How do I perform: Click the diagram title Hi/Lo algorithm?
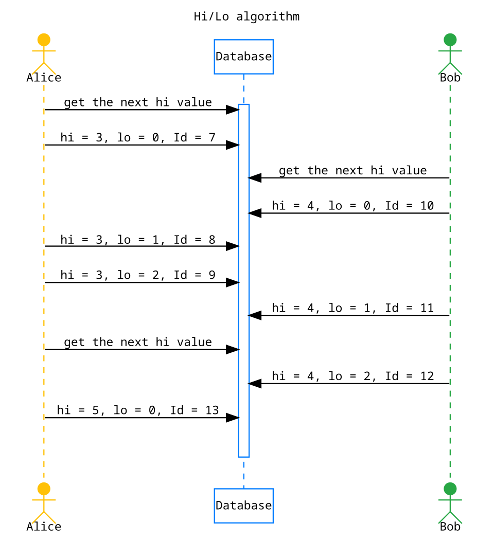[x=246, y=16]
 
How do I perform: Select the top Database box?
[x=243, y=57]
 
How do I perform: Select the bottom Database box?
[x=243, y=506]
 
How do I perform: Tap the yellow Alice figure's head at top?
[x=44, y=40]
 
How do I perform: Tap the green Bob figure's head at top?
[x=450, y=40]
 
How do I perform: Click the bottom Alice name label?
[x=44, y=527]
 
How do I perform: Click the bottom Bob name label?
[x=450, y=527]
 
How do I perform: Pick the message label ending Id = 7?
[x=137, y=137]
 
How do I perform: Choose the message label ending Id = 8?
[x=137, y=239]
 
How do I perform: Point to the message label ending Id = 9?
[x=137, y=275]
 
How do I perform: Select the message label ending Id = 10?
[x=352, y=206]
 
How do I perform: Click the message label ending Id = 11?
[x=352, y=308]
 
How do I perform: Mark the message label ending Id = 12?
[x=352, y=376]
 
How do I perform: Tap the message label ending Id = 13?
[x=137, y=410]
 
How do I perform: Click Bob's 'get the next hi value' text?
[x=352, y=171]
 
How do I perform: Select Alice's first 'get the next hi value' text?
[x=137, y=102]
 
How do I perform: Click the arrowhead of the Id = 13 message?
[x=233, y=418]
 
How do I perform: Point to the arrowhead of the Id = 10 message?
[x=255, y=213]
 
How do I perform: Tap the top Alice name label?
[x=44, y=78]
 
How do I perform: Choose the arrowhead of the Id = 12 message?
[x=255, y=384]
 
